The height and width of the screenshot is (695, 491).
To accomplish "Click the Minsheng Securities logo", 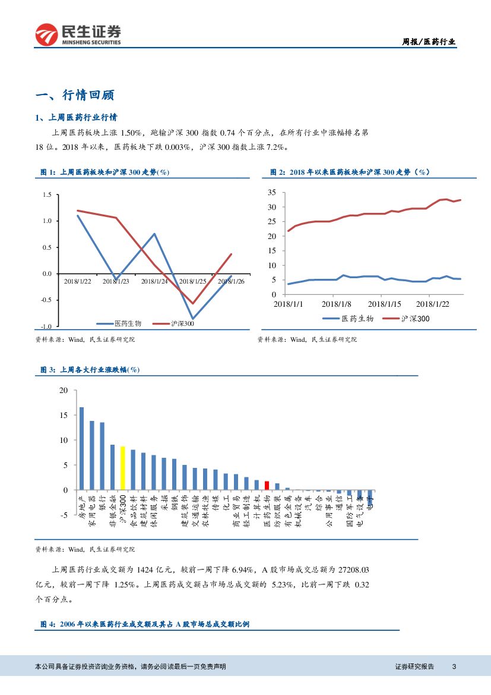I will point(78,35).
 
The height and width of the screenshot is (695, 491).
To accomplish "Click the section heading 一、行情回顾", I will point(75,95).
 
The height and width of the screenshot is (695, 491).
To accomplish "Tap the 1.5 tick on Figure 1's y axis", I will point(47,194).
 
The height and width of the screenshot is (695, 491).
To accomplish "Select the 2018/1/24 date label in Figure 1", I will point(154,282).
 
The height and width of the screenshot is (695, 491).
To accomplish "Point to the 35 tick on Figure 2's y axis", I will point(272,192).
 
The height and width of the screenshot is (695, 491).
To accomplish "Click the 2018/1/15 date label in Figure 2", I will point(381,304).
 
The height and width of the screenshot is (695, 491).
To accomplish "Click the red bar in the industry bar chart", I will point(267,485).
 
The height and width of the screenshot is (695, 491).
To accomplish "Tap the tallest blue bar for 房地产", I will point(81,448).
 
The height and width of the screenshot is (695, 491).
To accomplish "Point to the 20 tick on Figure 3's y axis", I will point(64,390).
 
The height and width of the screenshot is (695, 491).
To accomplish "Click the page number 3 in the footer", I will point(454,666).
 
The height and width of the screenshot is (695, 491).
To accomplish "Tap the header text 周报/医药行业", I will point(429,42).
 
